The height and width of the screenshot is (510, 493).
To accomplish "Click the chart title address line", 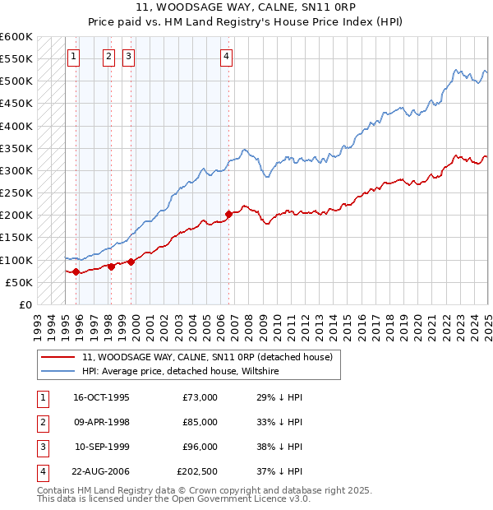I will coord(246,7).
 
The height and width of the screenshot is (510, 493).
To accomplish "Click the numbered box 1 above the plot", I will coord(74,57).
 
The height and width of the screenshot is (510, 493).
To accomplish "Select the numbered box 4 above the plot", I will coord(226,57).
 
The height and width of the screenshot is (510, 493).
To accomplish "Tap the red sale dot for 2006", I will coord(228,214).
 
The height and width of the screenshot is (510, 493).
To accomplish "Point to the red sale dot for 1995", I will coord(76,271).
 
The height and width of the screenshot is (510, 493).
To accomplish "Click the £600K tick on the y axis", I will coord(16,37).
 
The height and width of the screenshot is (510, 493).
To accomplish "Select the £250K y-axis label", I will coord(16,193).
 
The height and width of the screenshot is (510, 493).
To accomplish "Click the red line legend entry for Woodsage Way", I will coord(207,357).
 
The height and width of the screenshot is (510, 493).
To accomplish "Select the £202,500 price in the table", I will coord(197,471).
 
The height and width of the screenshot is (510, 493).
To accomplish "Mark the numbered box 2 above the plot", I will coord(108,57).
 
